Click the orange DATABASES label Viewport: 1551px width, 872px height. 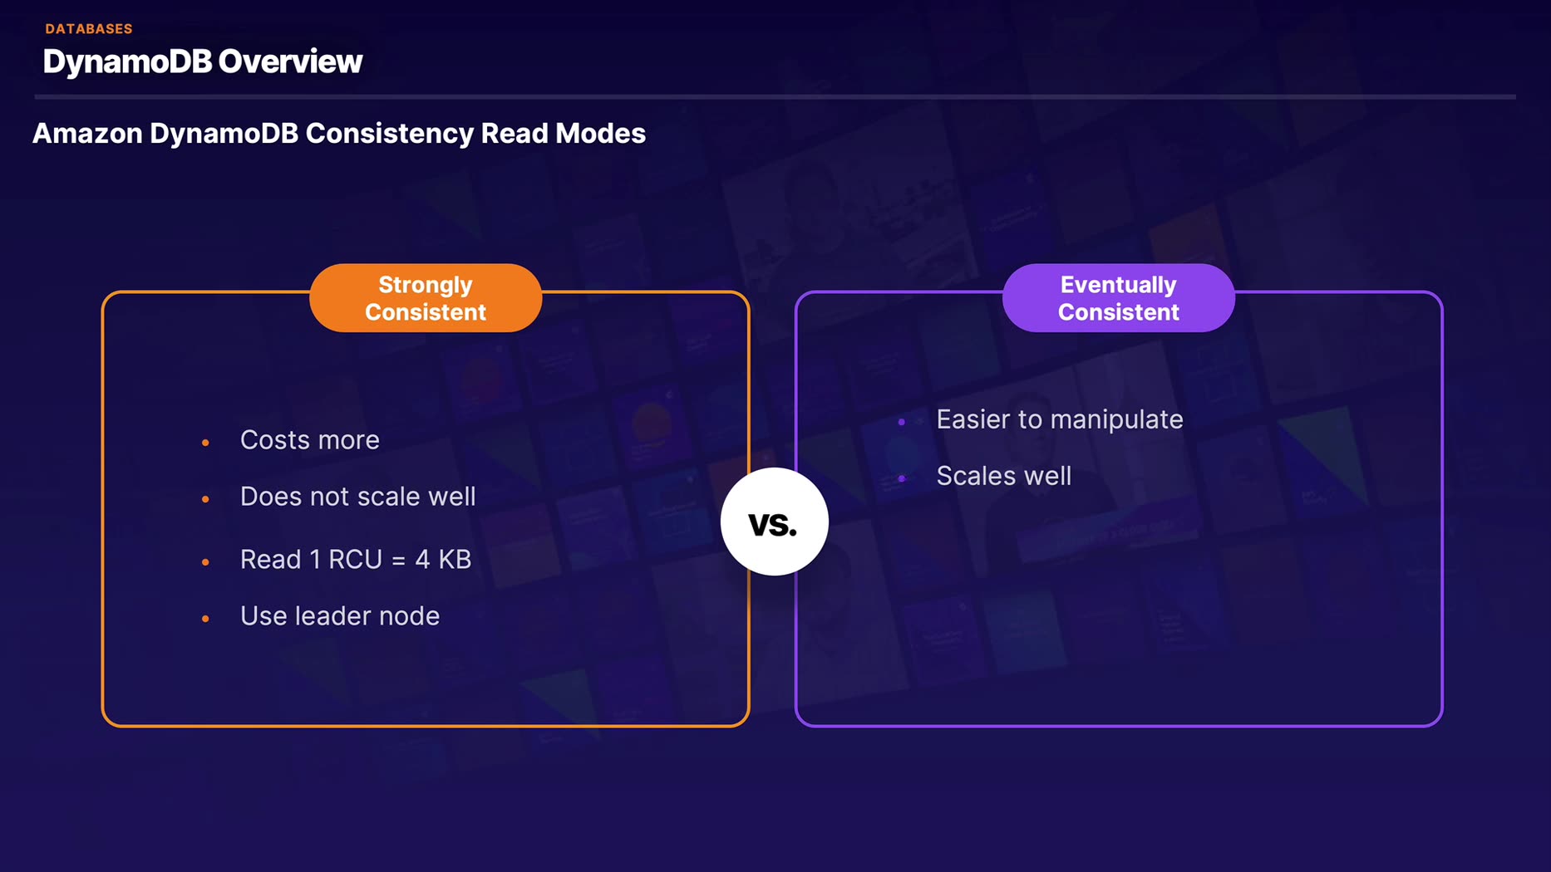pos(89,29)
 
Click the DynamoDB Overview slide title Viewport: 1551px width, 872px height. pos(202,61)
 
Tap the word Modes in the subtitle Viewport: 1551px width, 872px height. pos(600,134)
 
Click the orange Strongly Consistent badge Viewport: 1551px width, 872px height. pos(426,298)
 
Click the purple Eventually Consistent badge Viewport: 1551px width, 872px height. pos(1118,298)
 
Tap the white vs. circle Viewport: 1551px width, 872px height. pos(774,522)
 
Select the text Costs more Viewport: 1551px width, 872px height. pos(309,440)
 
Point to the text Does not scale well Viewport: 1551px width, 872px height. pos(357,497)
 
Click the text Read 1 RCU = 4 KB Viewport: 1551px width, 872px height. pos(355,560)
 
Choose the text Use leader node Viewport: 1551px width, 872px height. pos(339,616)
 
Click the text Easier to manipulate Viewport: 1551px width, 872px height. pos(1059,419)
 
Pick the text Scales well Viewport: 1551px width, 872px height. pos(1003,476)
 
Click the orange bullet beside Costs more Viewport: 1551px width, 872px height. pos(205,443)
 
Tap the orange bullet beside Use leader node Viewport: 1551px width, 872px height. pos(205,619)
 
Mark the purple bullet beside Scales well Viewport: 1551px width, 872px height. pos(902,478)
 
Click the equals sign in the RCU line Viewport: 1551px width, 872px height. pos(398,561)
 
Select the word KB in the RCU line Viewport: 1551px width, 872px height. pos(455,560)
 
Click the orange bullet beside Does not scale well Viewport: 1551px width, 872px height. pos(205,499)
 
